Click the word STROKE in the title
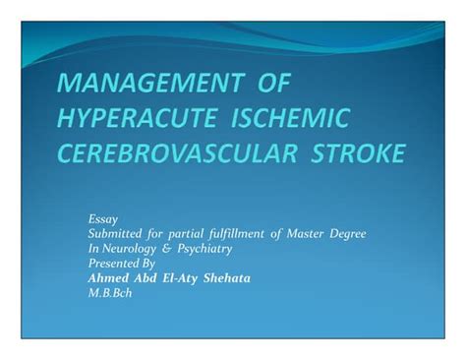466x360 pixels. coord(353,155)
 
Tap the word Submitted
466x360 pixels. coord(117,232)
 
